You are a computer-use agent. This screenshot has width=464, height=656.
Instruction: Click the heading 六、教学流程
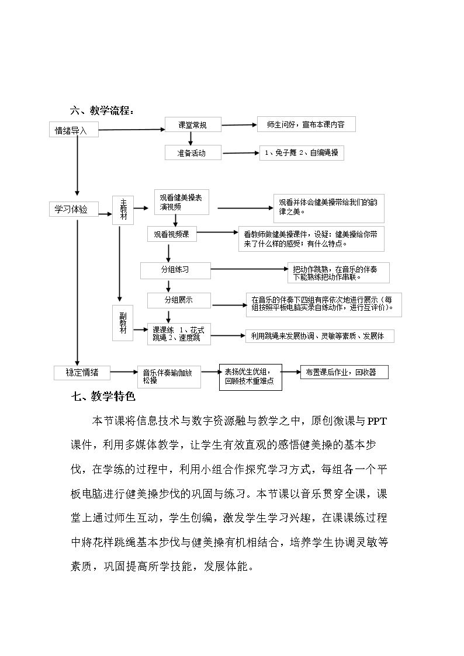(102, 112)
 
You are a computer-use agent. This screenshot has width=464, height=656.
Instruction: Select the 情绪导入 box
(74, 130)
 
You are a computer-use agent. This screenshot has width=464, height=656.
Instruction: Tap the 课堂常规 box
(193, 124)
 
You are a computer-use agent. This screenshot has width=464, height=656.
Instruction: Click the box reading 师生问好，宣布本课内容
(306, 124)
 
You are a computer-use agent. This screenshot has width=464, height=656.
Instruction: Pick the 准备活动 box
(193, 152)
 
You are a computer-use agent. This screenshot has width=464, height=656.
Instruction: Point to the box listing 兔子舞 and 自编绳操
(302, 152)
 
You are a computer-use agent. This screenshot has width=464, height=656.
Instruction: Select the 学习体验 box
(74, 209)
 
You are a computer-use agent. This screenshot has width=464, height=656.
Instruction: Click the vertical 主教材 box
(123, 210)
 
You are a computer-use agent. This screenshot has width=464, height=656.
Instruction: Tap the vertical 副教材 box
(123, 324)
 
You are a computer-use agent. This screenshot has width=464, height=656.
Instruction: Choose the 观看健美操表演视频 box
(182, 202)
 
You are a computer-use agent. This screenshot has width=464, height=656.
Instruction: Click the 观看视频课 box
(172, 234)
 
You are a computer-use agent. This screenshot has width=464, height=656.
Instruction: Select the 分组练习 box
(175, 270)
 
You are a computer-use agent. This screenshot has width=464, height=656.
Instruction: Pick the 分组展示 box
(179, 300)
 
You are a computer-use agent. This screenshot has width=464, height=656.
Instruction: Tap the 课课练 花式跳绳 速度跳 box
(179, 334)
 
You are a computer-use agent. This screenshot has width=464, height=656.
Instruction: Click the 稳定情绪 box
(82, 372)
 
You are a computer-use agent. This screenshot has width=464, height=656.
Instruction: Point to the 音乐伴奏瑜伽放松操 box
(169, 377)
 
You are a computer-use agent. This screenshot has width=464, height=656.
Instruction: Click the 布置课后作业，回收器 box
(344, 372)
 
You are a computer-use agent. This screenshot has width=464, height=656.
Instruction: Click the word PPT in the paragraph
(378, 421)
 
